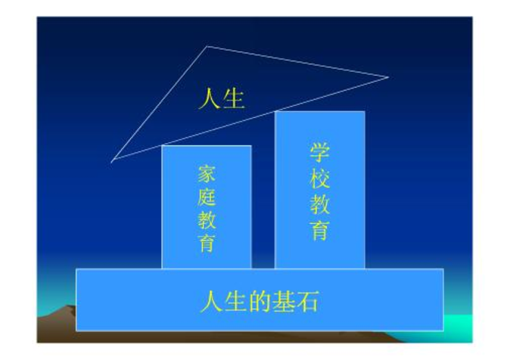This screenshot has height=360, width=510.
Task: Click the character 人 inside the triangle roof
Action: pyautogui.click(x=209, y=98)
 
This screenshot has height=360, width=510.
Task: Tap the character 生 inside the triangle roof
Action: pyautogui.click(x=234, y=98)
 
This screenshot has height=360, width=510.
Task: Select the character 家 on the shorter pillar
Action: pyautogui.click(x=207, y=173)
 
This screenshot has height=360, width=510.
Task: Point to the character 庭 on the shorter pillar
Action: pyautogui.click(x=207, y=197)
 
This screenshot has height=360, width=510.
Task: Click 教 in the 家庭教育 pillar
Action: pyautogui.click(x=207, y=220)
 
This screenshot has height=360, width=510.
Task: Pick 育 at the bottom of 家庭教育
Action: pyautogui.click(x=207, y=243)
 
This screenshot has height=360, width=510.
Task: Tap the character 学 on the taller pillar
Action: pyautogui.click(x=320, y=152)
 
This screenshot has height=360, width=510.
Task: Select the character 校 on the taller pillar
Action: pyautogui.click(x=320, y=178)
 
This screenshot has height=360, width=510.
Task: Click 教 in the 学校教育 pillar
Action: pyautogui.click(x=320, y=204)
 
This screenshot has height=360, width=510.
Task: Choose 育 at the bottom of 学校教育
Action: pyautogui.click(x=320, y=231)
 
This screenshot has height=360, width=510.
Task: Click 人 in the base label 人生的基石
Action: pyautogui.click(x=211, y=302)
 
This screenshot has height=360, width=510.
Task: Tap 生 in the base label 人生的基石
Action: pyautogui.click(x=235, y=302)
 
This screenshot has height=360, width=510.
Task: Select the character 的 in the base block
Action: pyautogui.click(x=260, y=302)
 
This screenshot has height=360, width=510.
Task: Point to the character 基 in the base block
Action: pyautogui.click(x=283, y=302)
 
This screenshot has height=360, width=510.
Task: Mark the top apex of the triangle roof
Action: pyautogui.click(x=207, y=46)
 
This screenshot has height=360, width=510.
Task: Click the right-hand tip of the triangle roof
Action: pyautogui.click(x=389, y=77)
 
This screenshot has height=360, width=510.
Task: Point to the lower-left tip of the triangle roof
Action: pyautogui.click(x=111, y=161)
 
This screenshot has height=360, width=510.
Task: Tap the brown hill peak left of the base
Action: pyautogui.click(x=69, y=306)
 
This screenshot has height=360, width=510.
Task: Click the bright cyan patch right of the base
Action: pyautogui.click(x=459, y=327)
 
